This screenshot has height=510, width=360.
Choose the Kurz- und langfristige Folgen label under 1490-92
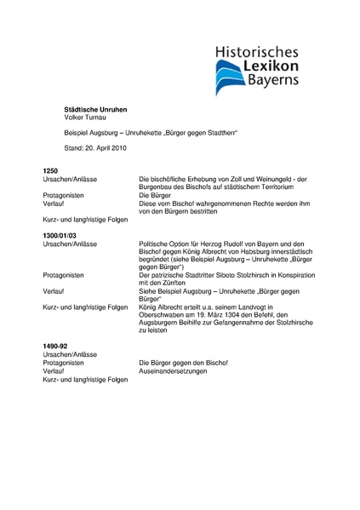pos(85,379)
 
